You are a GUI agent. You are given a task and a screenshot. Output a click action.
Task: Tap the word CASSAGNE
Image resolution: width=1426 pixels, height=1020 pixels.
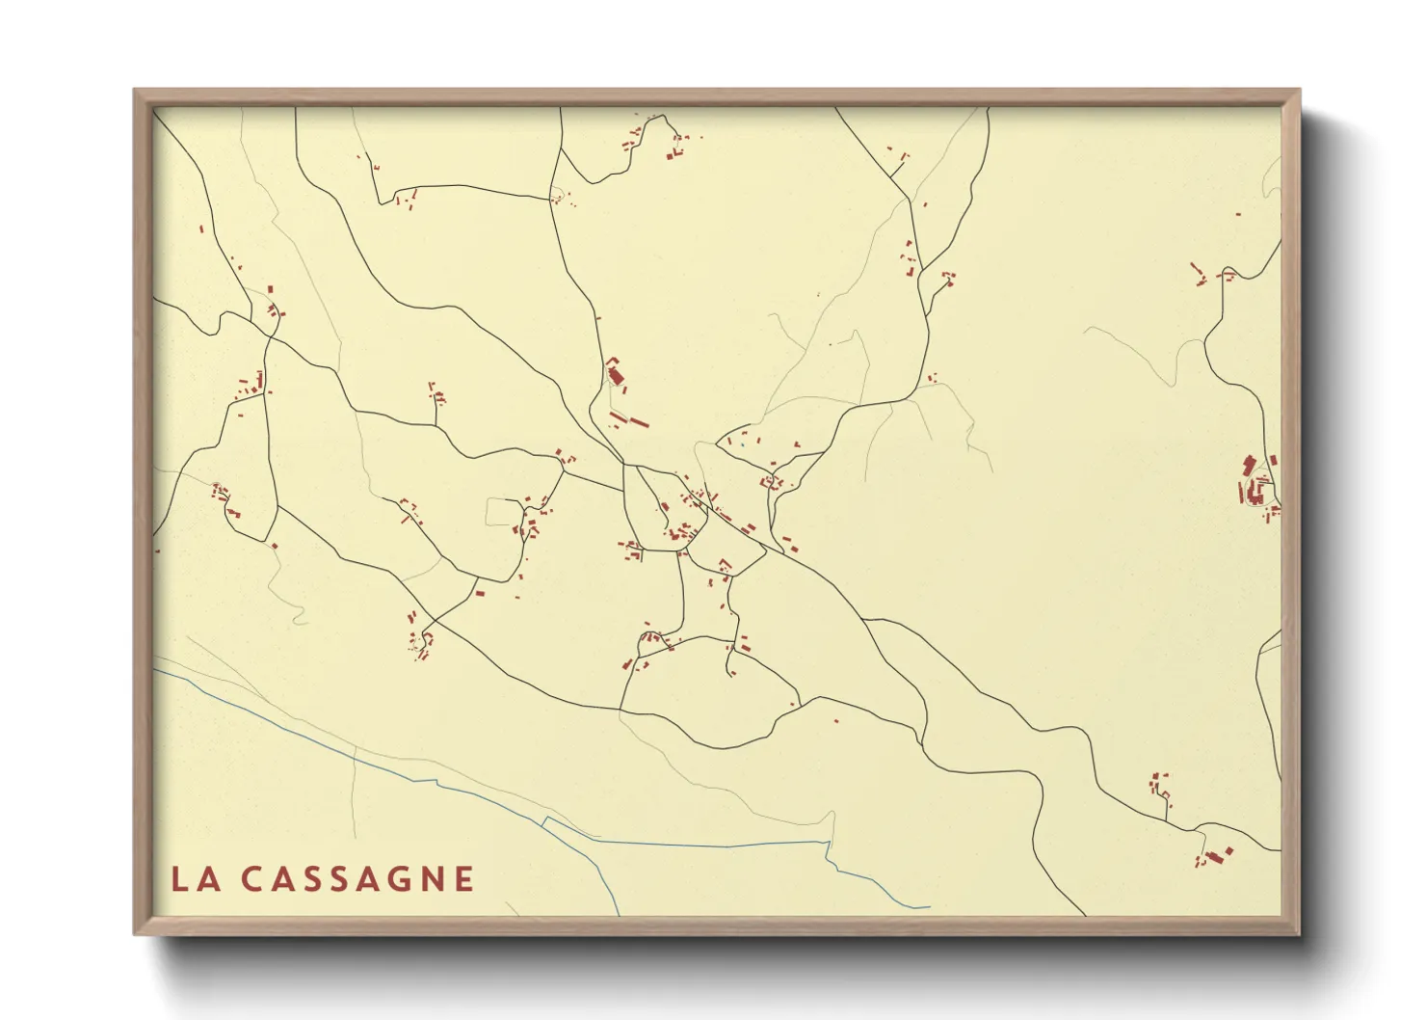[x=356, y=879]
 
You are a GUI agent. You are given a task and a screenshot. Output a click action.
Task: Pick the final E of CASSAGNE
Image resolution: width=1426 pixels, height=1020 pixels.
[x=464, y=879]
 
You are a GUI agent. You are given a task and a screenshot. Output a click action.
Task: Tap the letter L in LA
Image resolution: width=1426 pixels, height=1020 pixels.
[x=180, y=879]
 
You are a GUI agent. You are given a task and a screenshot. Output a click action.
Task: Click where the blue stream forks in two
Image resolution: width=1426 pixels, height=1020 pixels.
[x=545, y=820]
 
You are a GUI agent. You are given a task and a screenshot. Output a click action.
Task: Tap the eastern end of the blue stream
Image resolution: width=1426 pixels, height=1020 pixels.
[x=929, y=906]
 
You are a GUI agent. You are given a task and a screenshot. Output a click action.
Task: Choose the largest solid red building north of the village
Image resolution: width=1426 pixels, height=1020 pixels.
[x=615, y=376]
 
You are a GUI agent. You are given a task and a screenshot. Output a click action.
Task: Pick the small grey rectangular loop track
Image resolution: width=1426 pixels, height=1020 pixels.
[x=502, y=512]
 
